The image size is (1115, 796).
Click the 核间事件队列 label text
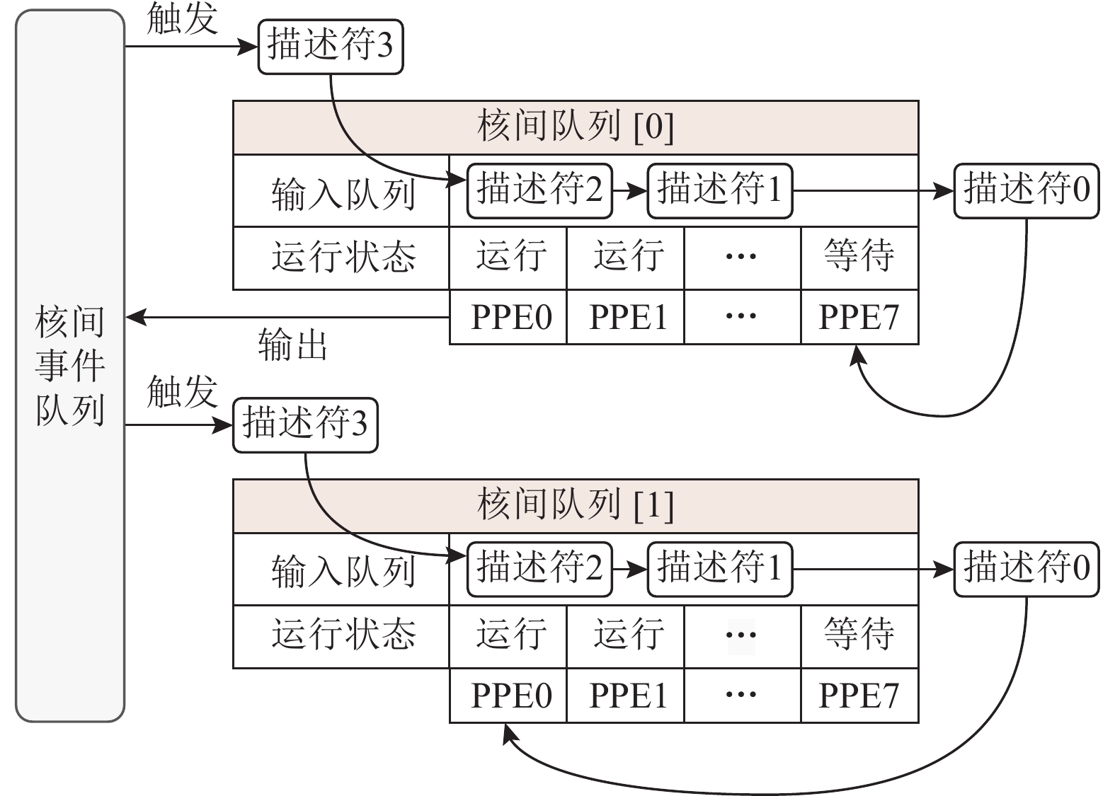69,365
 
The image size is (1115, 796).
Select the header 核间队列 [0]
575,127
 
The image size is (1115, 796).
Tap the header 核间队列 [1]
575,505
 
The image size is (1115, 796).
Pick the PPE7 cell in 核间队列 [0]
859,317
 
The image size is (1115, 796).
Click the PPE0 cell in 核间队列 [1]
508,695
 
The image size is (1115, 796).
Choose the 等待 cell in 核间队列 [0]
859,257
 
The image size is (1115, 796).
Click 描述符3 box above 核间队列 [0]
330,47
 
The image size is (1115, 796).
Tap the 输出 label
292,346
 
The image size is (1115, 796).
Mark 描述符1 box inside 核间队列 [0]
719,190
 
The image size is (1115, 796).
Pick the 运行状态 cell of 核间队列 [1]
341,635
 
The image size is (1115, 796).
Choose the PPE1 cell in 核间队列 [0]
625,317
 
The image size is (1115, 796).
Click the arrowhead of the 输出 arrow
135,318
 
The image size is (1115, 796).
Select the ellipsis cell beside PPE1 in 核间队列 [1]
741,695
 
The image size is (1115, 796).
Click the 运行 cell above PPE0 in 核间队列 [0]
508,257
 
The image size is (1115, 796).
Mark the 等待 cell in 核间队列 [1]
859,635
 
